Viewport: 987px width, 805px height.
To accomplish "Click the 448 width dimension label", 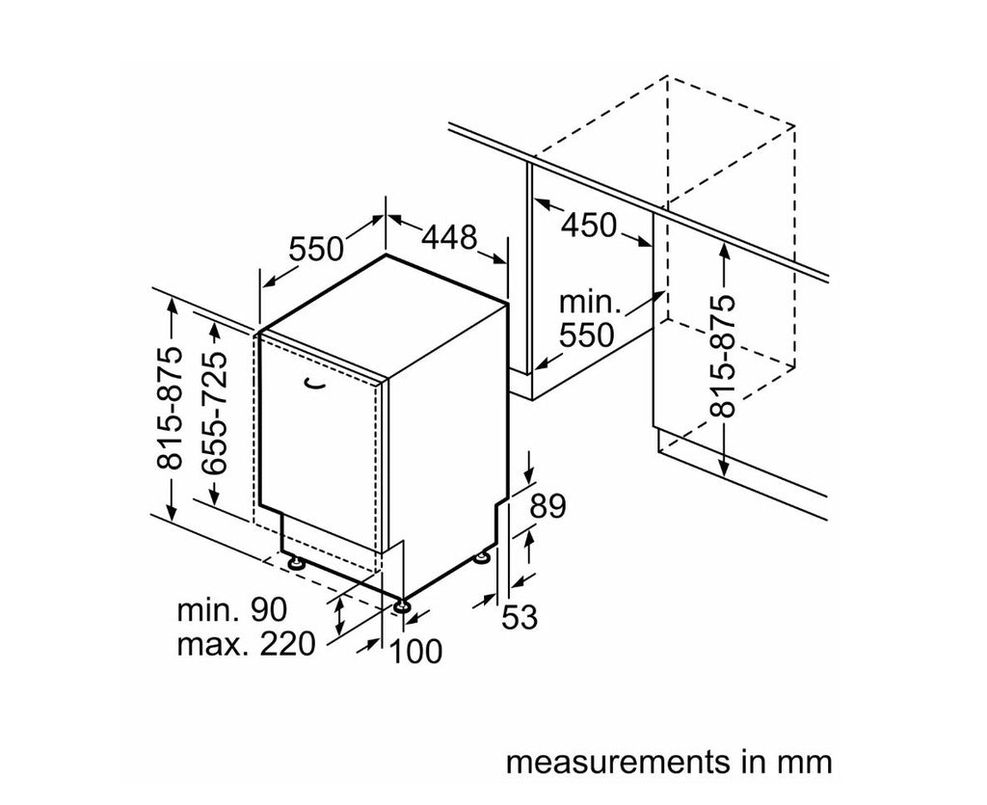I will click(x=449, y=236).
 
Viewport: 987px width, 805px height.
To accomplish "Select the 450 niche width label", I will click(x=588, y=225).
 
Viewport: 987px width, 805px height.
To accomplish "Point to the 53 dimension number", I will click(x=519, y=616).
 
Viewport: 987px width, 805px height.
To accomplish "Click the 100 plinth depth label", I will click(x=415, y=651).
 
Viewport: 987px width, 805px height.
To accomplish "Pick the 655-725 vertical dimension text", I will click(x=216, y=412).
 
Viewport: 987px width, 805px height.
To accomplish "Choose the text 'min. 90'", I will click(x=232, y=609).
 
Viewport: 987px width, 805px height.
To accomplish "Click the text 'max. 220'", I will click(x=246, y=643).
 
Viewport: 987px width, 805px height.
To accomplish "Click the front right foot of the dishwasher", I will click(x=400, y=605).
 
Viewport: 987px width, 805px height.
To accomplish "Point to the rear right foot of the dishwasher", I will click(x=481, y=556).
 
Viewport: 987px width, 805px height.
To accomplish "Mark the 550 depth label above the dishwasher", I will click(x=316, y=249).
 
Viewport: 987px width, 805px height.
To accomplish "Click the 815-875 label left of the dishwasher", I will click(x=170, y=407).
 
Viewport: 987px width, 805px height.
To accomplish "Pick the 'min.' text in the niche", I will click(x=589, y=303).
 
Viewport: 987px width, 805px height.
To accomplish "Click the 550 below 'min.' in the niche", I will click(x=587, y=335).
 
